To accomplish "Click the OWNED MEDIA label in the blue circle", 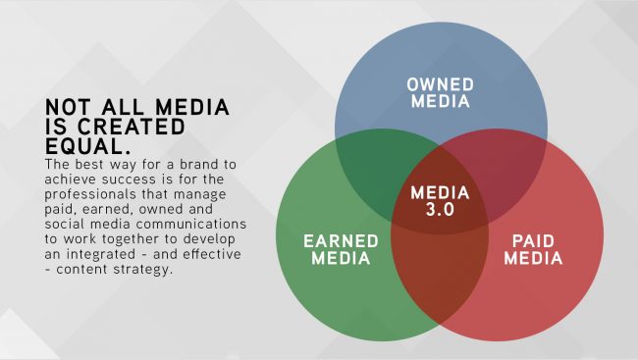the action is pyautogui.click(x=441, y=93).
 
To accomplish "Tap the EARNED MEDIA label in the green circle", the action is pyautogui.click(x=341, y=250).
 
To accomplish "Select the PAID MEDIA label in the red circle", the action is pyautogui.click(x=533, y=250).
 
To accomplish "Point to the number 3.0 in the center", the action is pyautogui.click(x=440, y=210).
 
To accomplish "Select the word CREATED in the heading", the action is pyautogui.click(x=131, y=127).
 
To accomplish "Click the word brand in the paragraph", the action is pyautogui.click(x=198, y=165).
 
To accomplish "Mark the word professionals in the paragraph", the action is pyautogui.click(x=90, y=194).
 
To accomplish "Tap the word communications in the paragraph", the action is pyautogui.click(x=191, y=224).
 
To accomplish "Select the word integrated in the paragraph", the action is pyautogui.click(x=101, y=255).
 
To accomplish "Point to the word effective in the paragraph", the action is pyautogui.click(x=212, y=254).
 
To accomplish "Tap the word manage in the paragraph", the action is pyautogui.click(x=200, y=194).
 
